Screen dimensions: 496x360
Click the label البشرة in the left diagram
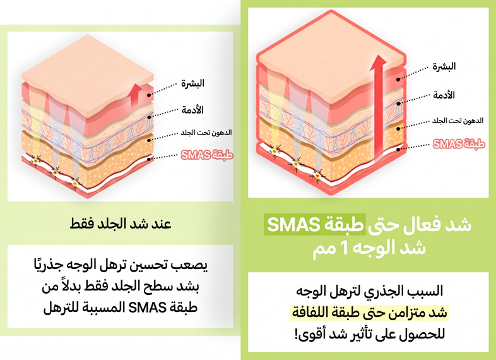pos(192,83)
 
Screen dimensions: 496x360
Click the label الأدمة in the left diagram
pos(192,110)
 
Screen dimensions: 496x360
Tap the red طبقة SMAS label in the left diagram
pos(207,155)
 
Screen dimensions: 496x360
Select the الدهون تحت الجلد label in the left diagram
pos(206,133)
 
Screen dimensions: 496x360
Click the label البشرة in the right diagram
pos(444,66)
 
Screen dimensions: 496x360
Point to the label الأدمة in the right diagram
pos(444,95)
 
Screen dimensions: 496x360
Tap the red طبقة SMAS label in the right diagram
pos(459,144)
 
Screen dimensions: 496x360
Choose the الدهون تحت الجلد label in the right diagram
pos(458,121)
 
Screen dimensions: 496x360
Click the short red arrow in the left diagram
pos(136,95)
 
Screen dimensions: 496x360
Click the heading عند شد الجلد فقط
pos(121,224)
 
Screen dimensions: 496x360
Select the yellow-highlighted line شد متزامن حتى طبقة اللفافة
pos(369,313)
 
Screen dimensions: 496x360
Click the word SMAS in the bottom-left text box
pos(148,307)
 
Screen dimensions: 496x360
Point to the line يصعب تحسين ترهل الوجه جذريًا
pos(121,265)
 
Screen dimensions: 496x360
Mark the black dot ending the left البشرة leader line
pos(149,95)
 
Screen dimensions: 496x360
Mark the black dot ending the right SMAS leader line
pos(399,149)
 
